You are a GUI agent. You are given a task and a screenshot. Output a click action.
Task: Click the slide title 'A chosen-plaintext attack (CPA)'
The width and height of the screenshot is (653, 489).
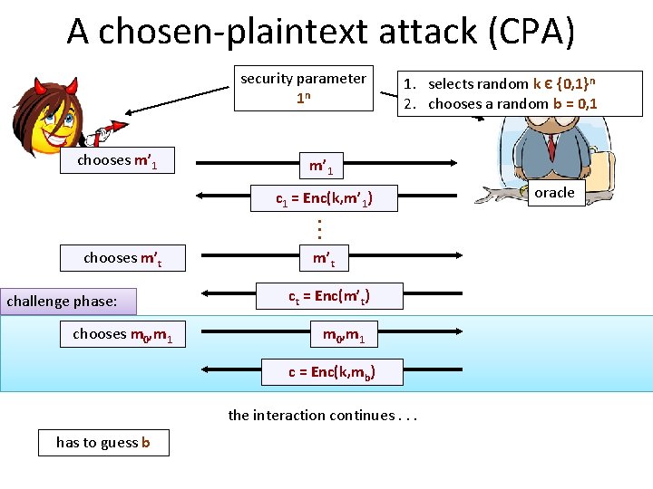[320, 31]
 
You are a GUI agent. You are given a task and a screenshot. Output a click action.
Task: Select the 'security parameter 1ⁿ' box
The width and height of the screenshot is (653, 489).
[304, 88]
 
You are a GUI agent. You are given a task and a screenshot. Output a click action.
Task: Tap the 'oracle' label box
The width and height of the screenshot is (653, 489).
[554, 193]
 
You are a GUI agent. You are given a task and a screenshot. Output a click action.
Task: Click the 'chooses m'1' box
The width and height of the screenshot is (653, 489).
[117, 161]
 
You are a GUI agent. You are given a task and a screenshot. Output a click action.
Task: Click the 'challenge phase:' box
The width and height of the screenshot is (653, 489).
[70, 300]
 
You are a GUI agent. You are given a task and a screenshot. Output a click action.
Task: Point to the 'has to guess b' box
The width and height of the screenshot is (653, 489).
[103, 442]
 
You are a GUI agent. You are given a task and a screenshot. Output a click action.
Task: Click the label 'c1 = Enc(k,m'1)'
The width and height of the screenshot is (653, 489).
[324, 198]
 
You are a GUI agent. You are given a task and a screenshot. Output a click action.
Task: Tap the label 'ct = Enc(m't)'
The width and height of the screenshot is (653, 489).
[328, 296]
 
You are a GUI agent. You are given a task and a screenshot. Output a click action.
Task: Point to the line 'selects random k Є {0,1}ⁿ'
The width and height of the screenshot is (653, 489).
[512, 83]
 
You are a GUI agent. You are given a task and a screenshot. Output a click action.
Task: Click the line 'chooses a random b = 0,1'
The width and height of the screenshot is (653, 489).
[512, 103]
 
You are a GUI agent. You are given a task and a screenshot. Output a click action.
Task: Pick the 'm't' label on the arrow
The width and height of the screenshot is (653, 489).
[324, 259]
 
